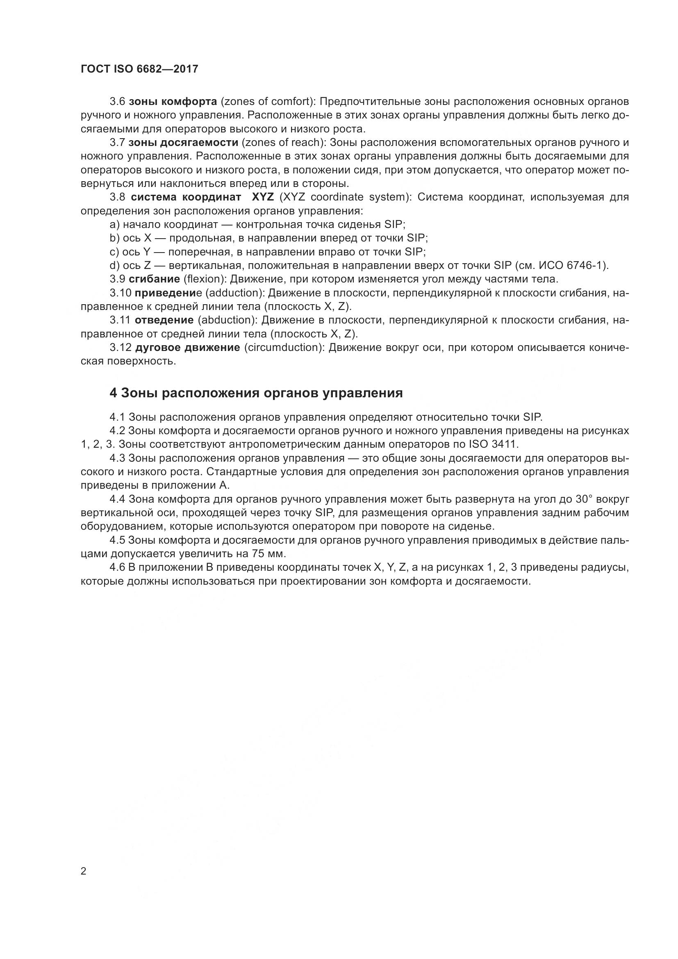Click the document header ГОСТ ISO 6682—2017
[x=139, y=69]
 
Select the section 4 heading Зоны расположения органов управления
[x=256, y=393]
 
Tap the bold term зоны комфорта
[x=173, y=102]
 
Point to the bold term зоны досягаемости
[x=183, y=142]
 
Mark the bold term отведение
[x=164, y=320]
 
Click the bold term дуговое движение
[x=187, y=348]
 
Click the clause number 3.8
[x=118, y=197]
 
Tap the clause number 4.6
[x=117, y=567]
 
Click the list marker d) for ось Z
[x=114, y=266]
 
